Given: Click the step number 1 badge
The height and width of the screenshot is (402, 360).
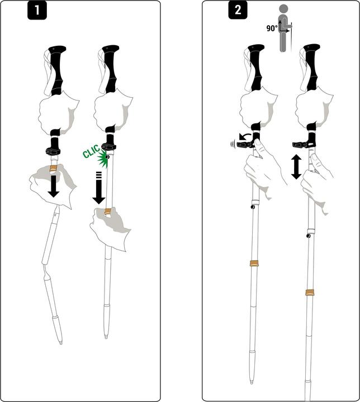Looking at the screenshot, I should (37, 11).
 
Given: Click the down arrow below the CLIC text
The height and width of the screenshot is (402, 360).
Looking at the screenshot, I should (98, 190).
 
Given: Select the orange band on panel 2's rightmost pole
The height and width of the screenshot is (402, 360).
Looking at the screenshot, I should (309, 292).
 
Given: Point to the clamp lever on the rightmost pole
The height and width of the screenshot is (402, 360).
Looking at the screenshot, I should (302, 145).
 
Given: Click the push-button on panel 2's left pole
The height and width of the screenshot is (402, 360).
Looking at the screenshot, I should (253, 207).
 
